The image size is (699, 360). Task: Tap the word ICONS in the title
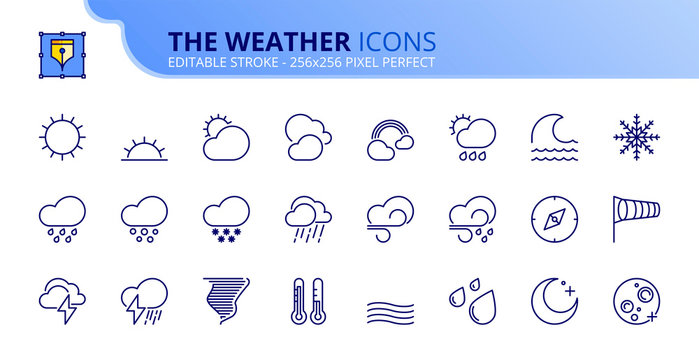(396, 41)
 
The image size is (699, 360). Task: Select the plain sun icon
(61, 135)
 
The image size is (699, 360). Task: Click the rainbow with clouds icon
(389, 139)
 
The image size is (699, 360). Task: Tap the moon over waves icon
(551, 137)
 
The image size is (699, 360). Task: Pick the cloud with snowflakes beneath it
(225, 217)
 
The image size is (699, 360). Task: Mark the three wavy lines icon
(388, 306)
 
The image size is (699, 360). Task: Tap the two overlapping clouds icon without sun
(306, 137)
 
